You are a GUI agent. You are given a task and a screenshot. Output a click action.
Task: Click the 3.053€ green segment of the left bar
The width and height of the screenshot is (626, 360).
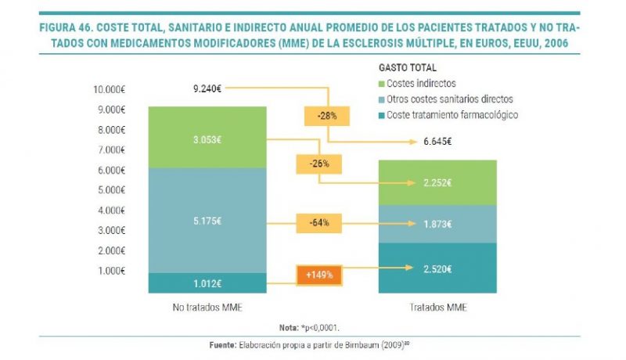click(x=207, y=138)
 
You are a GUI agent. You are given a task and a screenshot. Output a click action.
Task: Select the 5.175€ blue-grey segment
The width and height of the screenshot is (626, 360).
click(x=207, y=221)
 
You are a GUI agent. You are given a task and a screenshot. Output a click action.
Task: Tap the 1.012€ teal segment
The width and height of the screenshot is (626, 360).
click(x=207, y=283)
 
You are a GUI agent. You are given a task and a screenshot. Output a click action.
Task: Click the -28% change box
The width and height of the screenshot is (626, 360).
click(x=327, y=115)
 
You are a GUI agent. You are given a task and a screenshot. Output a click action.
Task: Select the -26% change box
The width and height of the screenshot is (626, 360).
click(x=318, y=164)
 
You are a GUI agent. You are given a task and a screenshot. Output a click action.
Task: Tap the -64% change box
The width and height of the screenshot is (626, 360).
click(x=318, y=222)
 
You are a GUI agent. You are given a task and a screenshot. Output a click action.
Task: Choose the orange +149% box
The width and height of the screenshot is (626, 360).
click(x=318, y=275)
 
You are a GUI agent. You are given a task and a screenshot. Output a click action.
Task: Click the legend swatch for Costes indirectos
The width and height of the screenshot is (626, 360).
click(x=381, y=84)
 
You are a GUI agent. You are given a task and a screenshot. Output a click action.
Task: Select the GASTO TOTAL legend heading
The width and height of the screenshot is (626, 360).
click(x=408, y=68)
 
